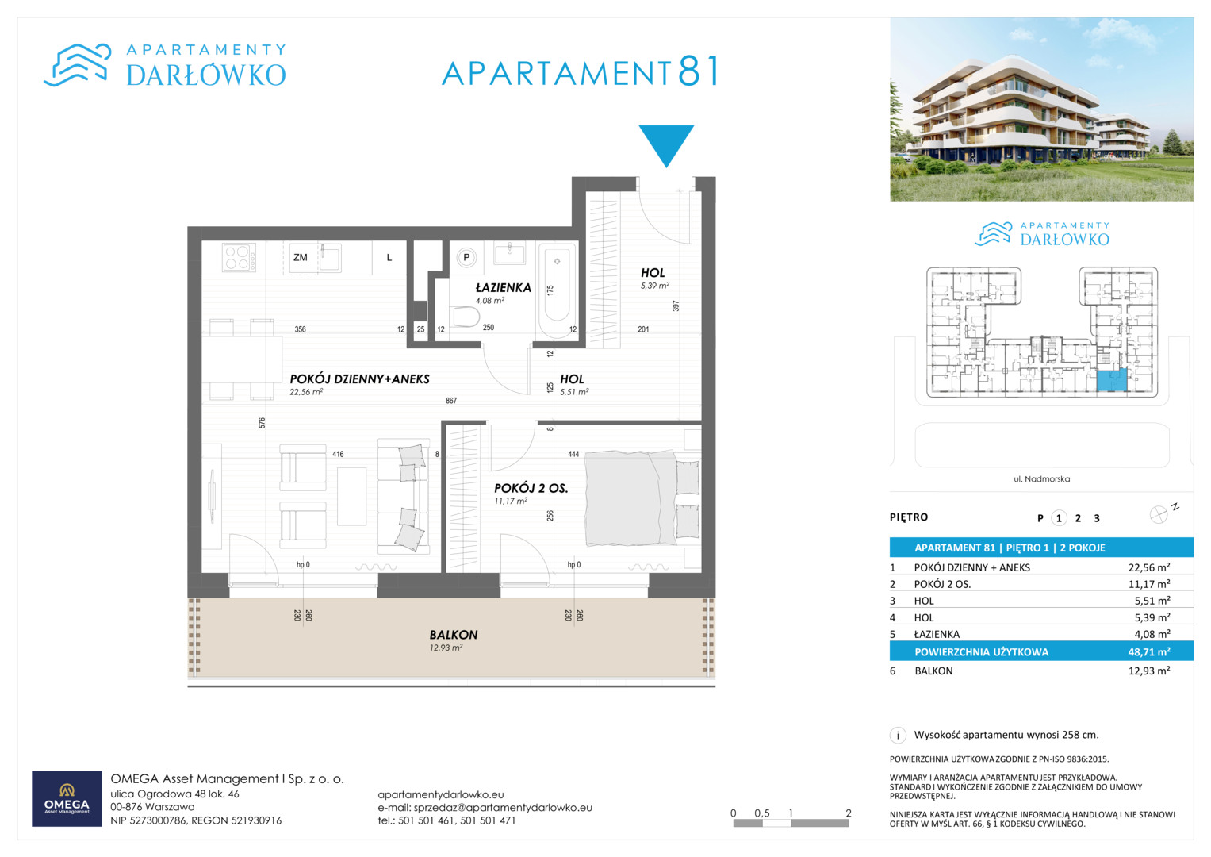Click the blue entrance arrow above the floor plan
click(666, 144)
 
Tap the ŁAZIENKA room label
click(504, 288)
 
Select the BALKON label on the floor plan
click(454, 635)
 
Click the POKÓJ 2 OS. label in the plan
click(531, 488)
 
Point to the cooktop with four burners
click(239, 257)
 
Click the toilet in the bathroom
click(466, 317)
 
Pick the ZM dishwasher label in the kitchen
click(300, 258)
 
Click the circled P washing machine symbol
click(466, 258)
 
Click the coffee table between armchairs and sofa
click(351, 496)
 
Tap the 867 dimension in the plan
click(451, 401)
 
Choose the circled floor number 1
click(1059, 518)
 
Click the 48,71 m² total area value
click(1149, 652)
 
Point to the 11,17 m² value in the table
click(1149, 584)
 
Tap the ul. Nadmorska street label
click(1042, 478)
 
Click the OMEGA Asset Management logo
click(67, 798)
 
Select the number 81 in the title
click(699, 71)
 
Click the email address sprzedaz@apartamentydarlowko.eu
click(503, 808)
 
